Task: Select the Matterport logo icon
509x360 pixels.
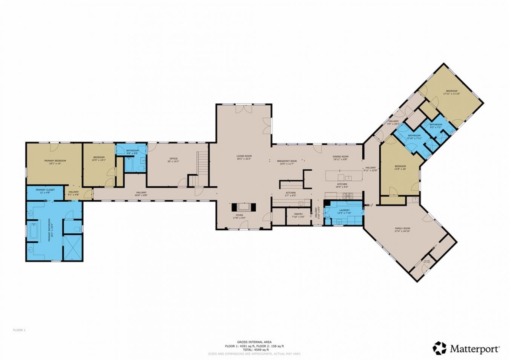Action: pos(439,348)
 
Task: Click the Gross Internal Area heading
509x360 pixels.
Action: pos(254,342)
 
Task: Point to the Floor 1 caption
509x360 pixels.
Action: pos(19,330)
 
